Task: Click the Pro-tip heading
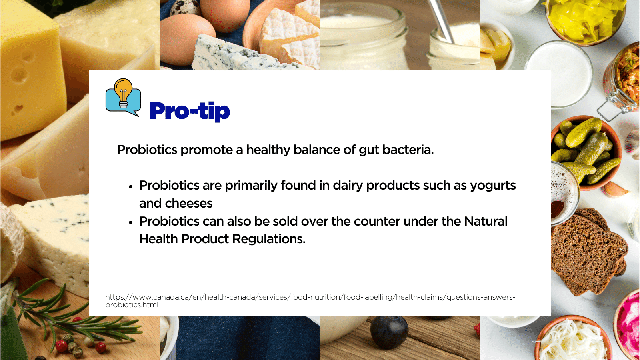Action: (190, 112)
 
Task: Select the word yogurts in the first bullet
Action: (493, 186)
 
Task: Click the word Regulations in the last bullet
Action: (269, 239)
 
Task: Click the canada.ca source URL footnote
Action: (310, 301)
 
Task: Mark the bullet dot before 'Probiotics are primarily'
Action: (131, 187)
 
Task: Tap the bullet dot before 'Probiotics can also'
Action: (131, 222)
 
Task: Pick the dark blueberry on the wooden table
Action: (389, 332)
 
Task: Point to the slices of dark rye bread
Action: (588, 252)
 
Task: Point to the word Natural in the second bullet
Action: (486, 222)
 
